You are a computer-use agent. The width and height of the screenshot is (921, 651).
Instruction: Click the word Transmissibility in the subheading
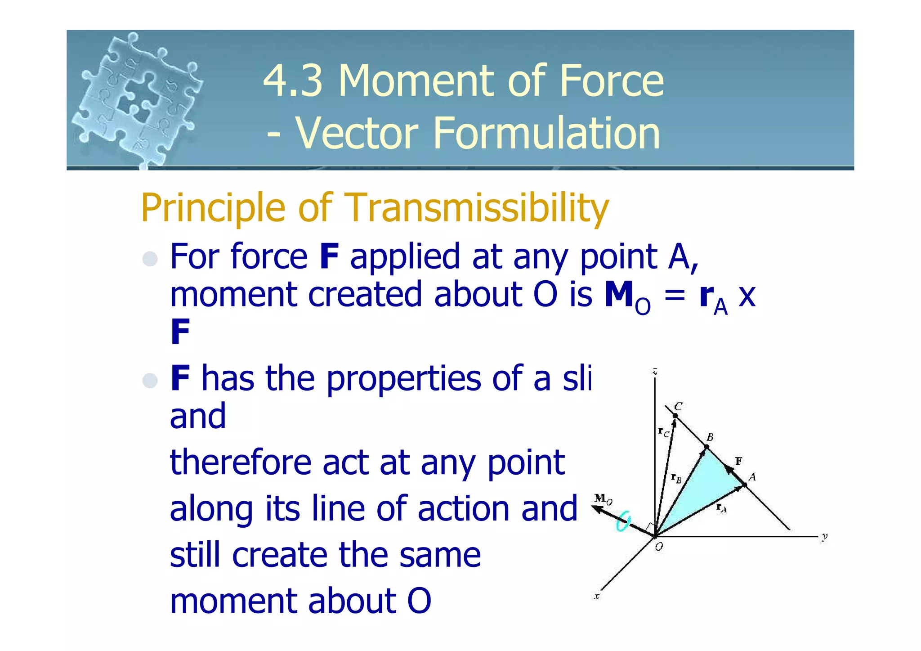[478, 208]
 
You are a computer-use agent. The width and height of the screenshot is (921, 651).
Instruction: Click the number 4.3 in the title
[293, 81]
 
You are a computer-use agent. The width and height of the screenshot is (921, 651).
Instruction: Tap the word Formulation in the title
[546, 133]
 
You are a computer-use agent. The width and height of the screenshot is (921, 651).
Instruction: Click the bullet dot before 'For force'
[150, 259]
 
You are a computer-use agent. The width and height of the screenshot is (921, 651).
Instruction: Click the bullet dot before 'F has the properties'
[150, 381]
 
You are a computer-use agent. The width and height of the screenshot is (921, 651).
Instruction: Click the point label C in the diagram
[678, 406]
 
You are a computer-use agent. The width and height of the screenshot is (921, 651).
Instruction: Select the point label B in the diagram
[710, 437]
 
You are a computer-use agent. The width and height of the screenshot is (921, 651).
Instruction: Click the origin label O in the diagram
[659, 547]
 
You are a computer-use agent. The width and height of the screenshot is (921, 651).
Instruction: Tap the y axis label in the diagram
[824, 537]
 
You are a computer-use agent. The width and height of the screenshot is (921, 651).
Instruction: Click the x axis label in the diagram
[597, 597]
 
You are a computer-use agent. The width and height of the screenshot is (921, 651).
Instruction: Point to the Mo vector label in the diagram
[603, 498]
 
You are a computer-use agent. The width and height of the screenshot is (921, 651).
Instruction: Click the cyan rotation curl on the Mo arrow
[623, 523]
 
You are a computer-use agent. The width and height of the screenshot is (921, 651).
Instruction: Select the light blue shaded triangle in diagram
[702, 491]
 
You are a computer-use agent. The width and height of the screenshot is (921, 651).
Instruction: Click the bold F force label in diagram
[738, 461]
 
